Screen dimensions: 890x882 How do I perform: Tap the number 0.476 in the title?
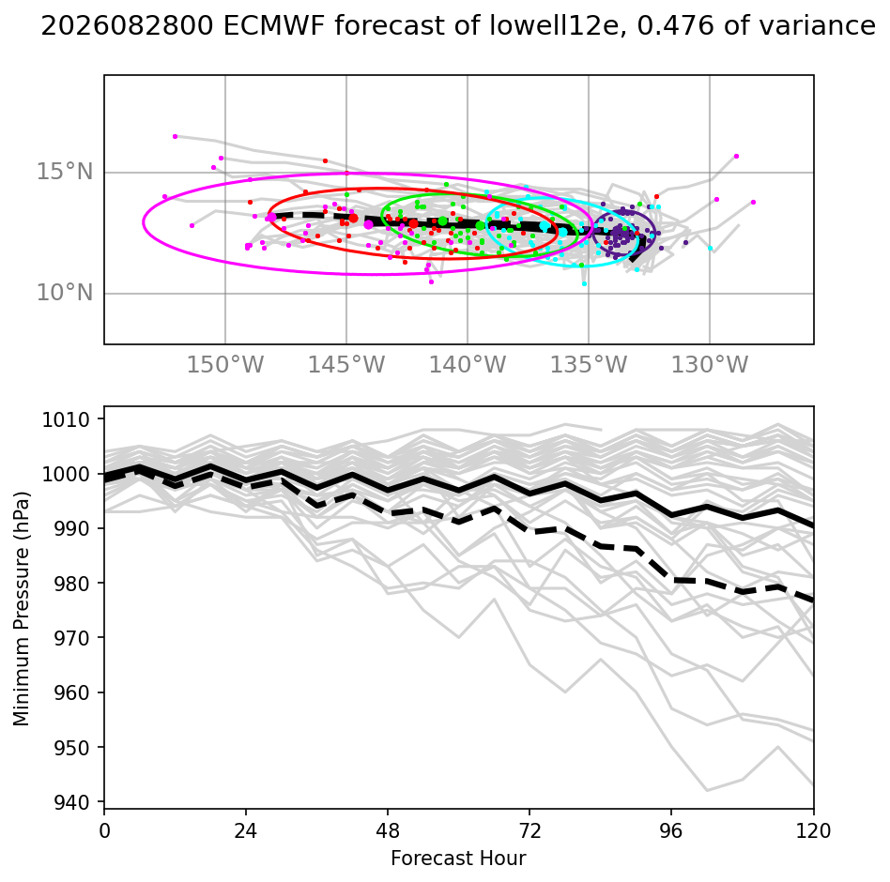coord(675,26)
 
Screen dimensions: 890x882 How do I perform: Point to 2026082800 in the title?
coord(128,26)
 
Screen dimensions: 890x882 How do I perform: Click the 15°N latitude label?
coord(65,172)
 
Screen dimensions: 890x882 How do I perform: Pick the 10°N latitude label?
coord(65,293)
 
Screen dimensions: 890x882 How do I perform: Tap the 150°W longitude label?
coord(225,365)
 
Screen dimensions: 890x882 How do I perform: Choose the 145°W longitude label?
coord(346,365)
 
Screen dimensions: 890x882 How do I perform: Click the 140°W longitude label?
coord(468,365)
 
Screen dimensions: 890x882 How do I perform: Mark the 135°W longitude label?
coord(589,365)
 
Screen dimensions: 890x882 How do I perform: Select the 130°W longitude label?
coord(710,365)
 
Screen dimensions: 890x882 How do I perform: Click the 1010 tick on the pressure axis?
coord(66,419)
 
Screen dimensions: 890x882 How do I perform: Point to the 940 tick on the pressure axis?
coord(71,802)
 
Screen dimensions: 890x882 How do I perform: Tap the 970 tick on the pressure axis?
coord(71,638)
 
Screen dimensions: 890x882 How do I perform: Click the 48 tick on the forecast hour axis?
coord(388,831)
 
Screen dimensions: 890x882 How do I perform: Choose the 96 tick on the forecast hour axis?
coord(671,831)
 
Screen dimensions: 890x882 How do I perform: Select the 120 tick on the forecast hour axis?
coord(813,831)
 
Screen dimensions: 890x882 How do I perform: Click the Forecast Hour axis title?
coord(459,859)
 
